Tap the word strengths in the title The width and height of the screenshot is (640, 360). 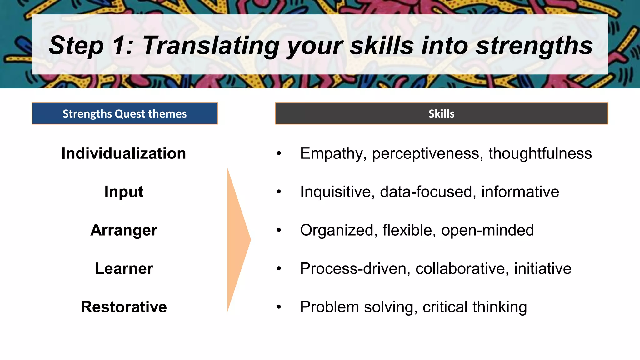point(533,46)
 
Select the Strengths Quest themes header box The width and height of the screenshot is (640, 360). point(125,113)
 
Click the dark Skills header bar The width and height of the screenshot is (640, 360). point(441,113)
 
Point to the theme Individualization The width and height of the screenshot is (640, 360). point(124,153)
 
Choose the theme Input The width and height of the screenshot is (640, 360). point(124,192)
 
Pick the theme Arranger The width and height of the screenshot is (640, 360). point(124,230)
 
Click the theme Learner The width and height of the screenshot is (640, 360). point(124,268)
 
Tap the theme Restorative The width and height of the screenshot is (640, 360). point(124,307)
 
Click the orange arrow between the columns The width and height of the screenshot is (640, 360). point(237,240)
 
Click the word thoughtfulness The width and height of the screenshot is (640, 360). point(540,153)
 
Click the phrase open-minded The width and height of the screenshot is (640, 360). point(487,230)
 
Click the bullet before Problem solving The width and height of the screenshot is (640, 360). point(279,307)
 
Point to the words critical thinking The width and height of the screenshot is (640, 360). point(475,307)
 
